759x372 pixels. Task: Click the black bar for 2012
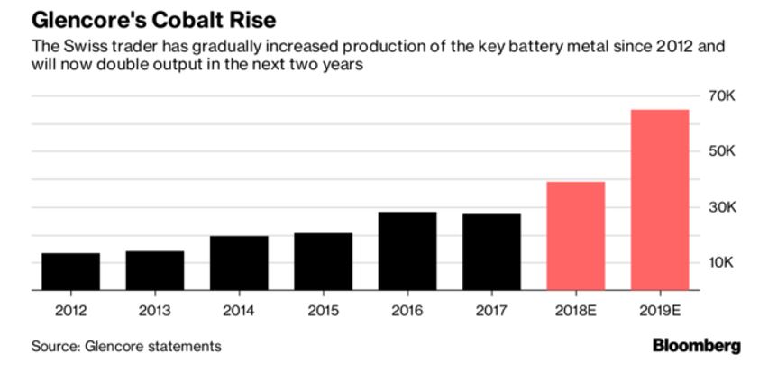tap(70, 272)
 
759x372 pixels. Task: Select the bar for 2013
tap(155, 271)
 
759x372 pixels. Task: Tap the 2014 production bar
tap(239, 263)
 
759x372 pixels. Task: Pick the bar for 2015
tap(323, 262)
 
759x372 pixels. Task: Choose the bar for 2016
tap(407, 251)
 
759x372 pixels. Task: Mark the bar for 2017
tap(491, 252)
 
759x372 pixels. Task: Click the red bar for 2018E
tap(576, 236)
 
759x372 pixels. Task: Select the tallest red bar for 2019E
tap(660, 200)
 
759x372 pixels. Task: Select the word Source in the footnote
tap(52, 346)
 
